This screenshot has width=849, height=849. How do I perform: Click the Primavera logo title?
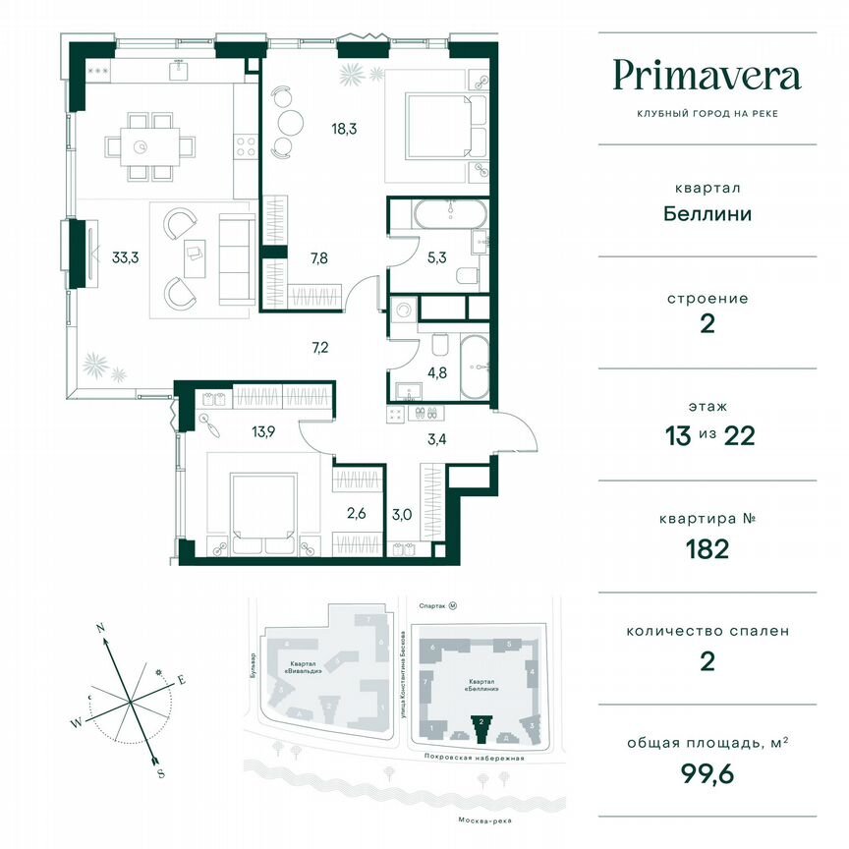707,75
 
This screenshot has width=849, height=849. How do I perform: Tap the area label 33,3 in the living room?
125,259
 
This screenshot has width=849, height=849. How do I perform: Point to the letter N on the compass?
100,626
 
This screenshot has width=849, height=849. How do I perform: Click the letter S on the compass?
160,773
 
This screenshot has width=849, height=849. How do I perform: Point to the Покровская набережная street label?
470,759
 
